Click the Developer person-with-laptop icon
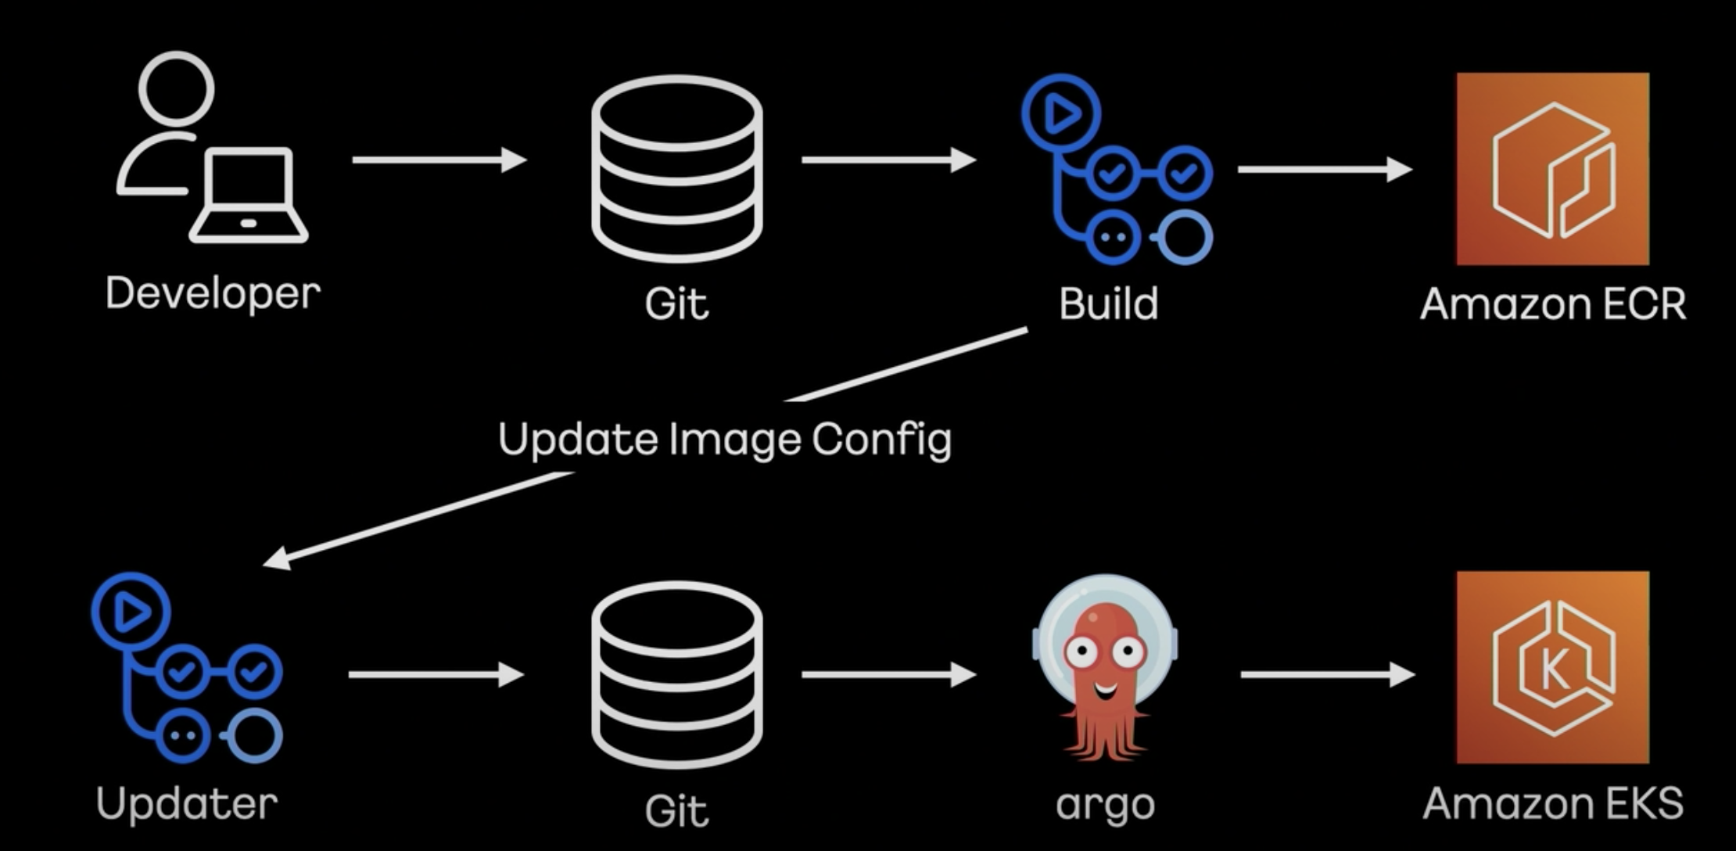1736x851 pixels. coord(211,149)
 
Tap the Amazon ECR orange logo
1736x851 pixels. coord(1552,169)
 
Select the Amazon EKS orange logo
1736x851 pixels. coord(1552,667)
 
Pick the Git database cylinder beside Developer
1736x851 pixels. coord(676,168)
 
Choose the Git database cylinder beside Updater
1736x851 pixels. coord(676,674)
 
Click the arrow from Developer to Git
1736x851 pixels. coord(439,160)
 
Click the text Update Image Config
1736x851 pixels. coord(724,440)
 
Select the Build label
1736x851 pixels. coord(1108,303)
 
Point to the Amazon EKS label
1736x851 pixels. coord(1552,804)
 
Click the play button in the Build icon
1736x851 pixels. coord(1061,114)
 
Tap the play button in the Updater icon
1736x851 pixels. coord(131,612)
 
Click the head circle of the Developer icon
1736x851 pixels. coord(176,88)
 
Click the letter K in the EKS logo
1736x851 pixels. coord(1554,670)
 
